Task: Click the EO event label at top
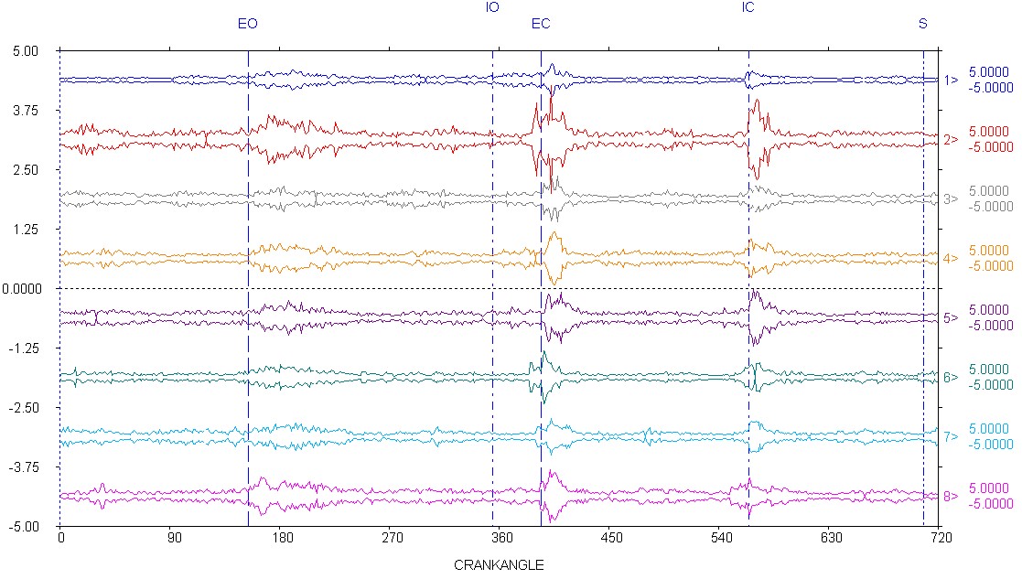pos(247,24)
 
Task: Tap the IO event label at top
pos(492,7)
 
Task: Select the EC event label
pos(541,24)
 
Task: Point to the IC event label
pos(748,7)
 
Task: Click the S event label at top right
pos(922,24)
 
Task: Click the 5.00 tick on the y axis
pos(26,51)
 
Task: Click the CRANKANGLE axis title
pos(499,565)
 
